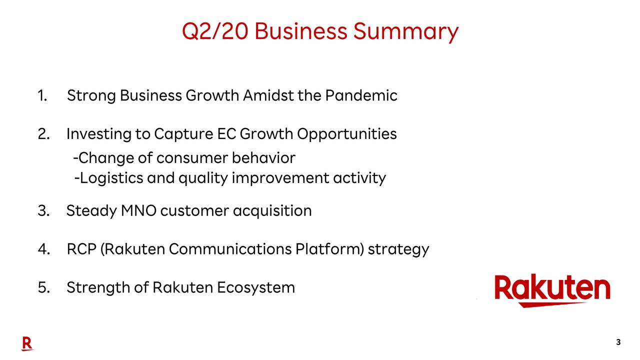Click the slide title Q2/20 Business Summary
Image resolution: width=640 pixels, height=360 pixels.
320,31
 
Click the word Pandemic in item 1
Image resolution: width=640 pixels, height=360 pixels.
361,95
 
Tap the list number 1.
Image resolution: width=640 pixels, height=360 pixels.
42,95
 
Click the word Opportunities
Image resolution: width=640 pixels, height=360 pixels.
346,134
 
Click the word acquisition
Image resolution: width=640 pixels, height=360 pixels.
272,210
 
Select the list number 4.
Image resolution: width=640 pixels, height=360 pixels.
43,249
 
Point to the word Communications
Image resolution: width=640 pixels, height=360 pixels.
230,249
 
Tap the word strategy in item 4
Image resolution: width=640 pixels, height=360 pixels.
398,249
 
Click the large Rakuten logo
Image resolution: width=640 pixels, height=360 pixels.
552,290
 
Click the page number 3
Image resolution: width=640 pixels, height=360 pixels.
618,342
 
